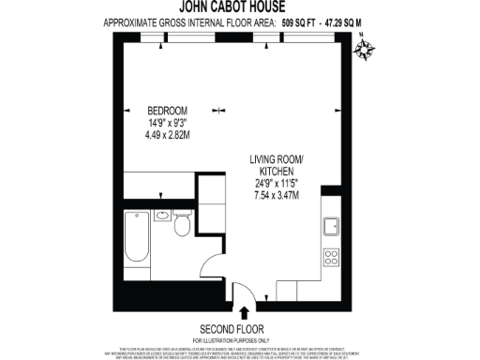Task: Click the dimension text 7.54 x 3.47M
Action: coord(277,194)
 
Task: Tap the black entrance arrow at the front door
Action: coord(246,312)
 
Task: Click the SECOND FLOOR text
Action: coord(239,328)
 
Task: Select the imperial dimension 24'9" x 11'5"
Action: coord(277,183)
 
